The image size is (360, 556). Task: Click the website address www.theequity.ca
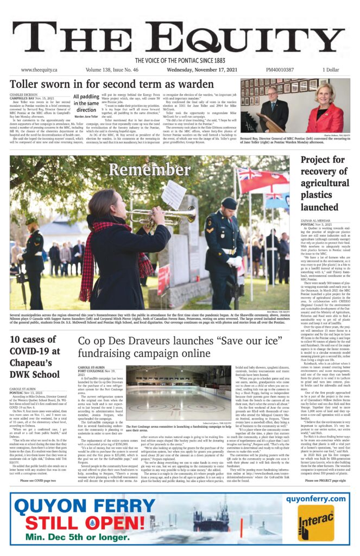point(39,70)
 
